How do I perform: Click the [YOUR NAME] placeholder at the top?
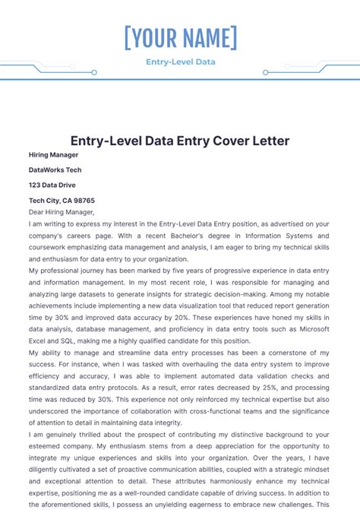(180, 37)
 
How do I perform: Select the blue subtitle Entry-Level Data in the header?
(180, 62)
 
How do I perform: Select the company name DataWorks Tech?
(55, 169)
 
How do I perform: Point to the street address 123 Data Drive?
(52, 185)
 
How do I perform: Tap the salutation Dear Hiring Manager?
(62, 212)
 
